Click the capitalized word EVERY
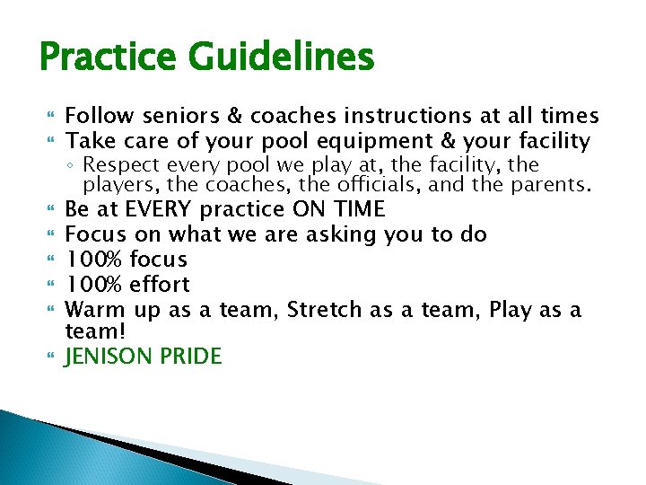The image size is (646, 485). pyautogui.click(x=158, y=210)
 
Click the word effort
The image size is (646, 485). pyautogui.click(x=160, y=285)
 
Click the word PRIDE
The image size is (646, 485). pyautogui.click(x=191, y=357)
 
